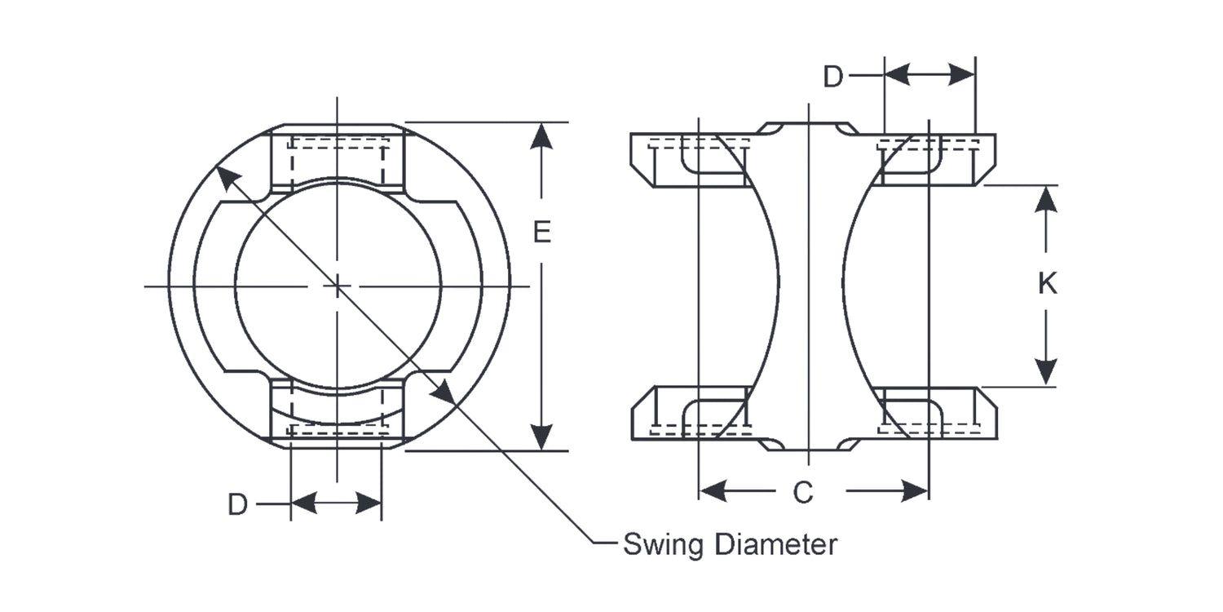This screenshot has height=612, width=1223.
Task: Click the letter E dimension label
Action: coord(542,233)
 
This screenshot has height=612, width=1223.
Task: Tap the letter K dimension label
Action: coord(1047,284)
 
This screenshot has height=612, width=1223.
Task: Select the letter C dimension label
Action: coord(803,492)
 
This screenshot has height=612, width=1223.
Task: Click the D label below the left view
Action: coord(237,505)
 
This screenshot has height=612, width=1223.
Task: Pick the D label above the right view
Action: coord(832,77)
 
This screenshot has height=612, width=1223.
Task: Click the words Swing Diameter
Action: coord(730,544)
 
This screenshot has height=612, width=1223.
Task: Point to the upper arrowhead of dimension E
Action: coord(541,135)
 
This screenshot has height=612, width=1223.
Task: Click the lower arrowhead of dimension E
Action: coord(541,436)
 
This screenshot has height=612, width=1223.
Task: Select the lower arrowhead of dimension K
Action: coord(1046,372)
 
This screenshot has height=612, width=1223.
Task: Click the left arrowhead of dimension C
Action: coord(713,491)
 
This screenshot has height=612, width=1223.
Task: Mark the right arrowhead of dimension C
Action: coord(915,491)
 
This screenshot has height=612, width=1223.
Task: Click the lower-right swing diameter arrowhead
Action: coord(442,391)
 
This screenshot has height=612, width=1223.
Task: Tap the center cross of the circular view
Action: coord(337,286)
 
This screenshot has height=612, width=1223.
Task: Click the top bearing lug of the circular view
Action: coord(337,158)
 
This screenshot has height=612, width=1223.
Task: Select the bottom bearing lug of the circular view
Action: coord(337,413)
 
